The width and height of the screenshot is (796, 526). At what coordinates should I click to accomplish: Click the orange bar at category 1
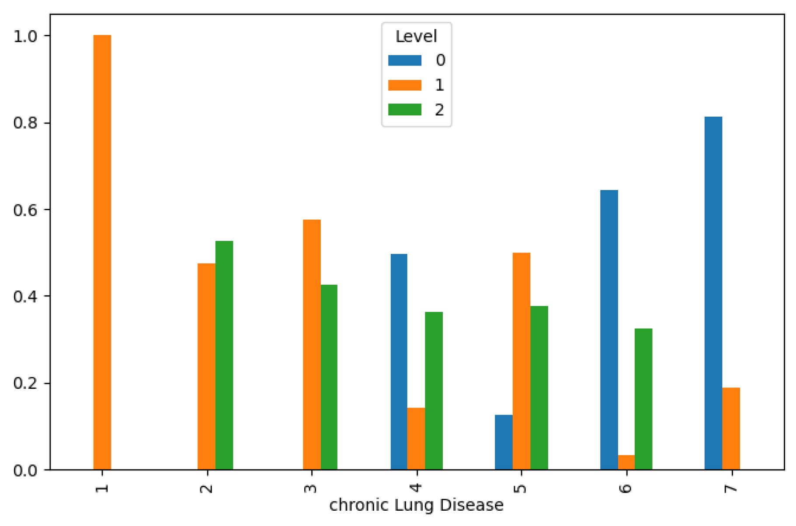[x=102, y=252]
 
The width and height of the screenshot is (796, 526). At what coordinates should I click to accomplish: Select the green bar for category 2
[x=224, y=355]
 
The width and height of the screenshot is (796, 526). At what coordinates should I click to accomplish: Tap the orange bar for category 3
[x=312, y=344]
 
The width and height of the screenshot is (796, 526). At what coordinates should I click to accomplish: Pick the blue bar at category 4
[x=399, y=361]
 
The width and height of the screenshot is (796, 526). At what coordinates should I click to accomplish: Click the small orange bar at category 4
[x=416, y=438]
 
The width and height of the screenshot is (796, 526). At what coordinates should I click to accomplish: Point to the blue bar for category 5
[x=504, y=442]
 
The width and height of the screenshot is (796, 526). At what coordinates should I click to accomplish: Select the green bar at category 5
[x=539, y=388]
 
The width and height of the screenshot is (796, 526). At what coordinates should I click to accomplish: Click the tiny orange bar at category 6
[x=626, y=462]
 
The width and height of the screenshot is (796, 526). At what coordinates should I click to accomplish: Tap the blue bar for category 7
[x=713, y=293]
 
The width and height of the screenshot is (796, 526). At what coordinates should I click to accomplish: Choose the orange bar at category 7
[x=731, y=428]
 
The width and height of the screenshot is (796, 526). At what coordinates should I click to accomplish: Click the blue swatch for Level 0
[x=405, y=60]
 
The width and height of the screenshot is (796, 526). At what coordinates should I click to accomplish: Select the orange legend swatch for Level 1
[x=405, y=85]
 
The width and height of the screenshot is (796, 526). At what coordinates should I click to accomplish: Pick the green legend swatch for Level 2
[x=405, y=109]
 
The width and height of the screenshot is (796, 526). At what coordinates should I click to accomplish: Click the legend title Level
[x=416, y=36]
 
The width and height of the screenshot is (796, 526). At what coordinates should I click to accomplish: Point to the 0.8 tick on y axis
[x=25, y=123]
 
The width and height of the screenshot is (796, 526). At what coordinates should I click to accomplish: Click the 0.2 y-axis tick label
[x=25, y=383]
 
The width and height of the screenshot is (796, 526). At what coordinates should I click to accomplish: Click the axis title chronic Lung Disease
[x=416, y=505]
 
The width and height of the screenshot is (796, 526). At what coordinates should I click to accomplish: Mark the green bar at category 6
[x=643, y=398]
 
